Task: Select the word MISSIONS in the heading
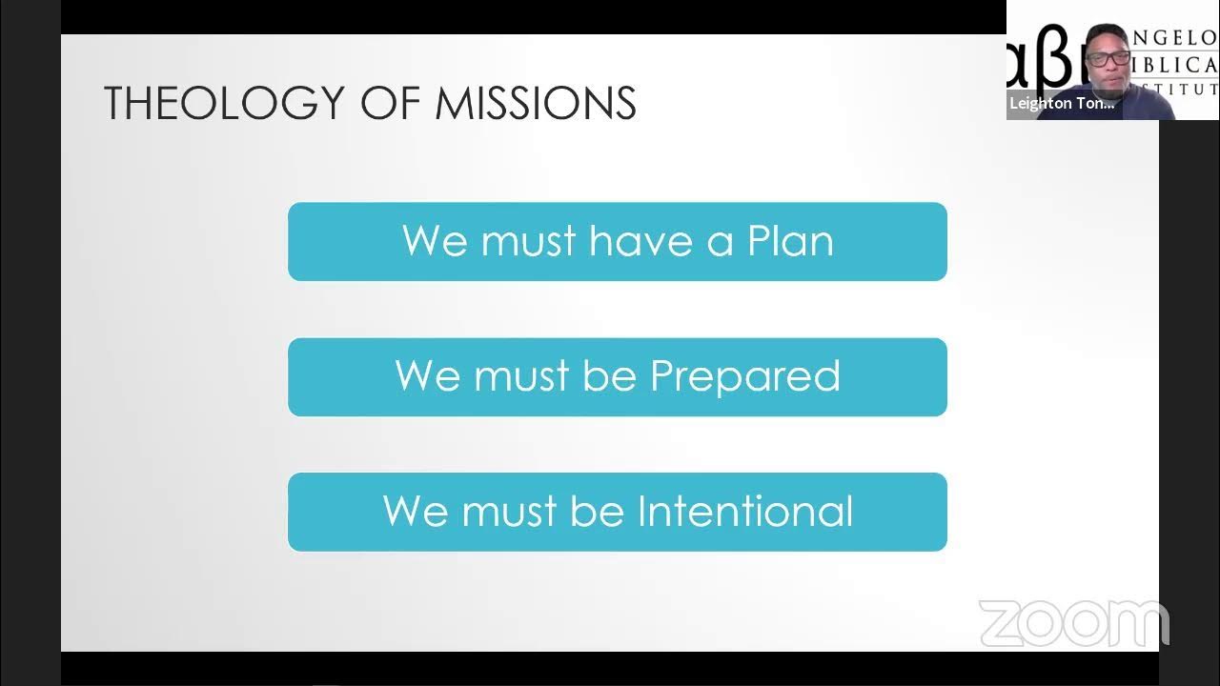[x=536, y=103]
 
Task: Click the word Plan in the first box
[x=790, y=241]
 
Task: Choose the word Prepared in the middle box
[x=745, y=376]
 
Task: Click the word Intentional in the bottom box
[x=745, y=512]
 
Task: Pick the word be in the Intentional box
[x=598, y=512]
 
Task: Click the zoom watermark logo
[x=1073, y=624]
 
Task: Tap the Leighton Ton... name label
[x=1062, y=104]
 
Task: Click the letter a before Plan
[x=720, y=242]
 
